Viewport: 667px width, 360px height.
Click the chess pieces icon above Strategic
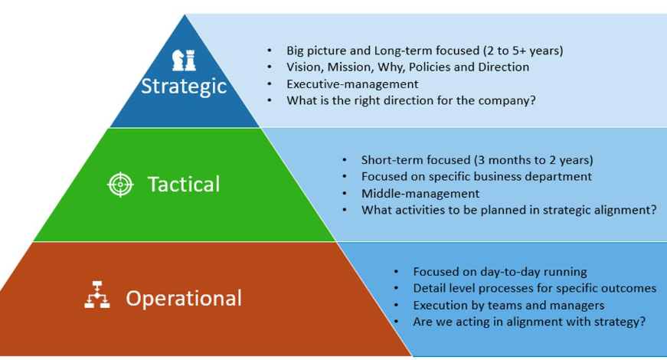[184, 60]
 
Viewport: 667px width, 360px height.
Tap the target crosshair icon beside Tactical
[120, 185]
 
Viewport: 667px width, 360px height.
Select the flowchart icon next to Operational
[97, 294]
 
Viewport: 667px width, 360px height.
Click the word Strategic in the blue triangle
[184, 87]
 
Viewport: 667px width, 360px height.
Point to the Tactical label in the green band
[184, 185]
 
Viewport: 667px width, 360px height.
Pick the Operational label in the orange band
[184, 298]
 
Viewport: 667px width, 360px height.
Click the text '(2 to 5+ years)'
[523, 51]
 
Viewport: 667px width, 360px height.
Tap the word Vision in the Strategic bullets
[303, 67]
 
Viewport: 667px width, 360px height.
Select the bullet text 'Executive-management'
[352, 83]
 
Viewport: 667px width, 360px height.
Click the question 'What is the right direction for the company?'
[411, 100]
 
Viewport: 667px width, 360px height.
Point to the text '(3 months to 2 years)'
[534, 160]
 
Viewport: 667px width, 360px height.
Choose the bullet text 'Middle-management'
[420, 194]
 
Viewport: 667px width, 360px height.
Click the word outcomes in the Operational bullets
[631, 288]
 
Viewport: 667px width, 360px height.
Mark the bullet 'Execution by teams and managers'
[508, 306]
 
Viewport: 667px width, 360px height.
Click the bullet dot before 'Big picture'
[270, 51]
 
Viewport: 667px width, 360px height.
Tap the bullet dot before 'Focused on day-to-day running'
[397, 272]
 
